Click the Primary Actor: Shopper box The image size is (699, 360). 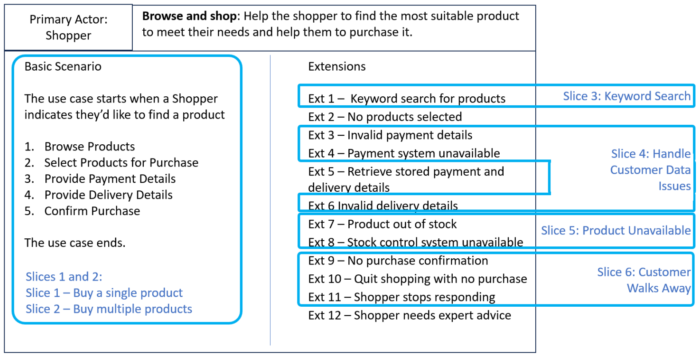[68, 27]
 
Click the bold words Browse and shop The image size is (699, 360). [190, 16]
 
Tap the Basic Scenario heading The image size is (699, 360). [63, 67]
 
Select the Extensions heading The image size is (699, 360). [337, 67]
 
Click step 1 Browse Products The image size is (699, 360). [79, 146]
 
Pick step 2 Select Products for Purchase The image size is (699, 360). [111, 162]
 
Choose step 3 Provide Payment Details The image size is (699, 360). [100, 179]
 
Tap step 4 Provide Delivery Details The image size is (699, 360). [99, 195]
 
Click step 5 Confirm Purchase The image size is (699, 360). [83, 211]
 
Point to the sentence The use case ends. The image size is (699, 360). [75, 243]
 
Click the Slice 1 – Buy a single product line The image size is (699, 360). [104, 293]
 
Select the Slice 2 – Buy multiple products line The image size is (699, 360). [109, 309]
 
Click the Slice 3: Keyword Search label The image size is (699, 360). [627, 96]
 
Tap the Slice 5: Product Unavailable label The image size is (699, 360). [616, 230]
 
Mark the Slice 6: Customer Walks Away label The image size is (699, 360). [644, 280]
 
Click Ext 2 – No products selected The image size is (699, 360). [385, 117]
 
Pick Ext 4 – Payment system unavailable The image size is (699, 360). [404, 153]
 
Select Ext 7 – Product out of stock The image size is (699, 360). [382, 224]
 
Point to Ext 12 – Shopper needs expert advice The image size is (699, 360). [410, 315]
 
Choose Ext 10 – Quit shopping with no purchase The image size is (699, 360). [418, 279]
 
